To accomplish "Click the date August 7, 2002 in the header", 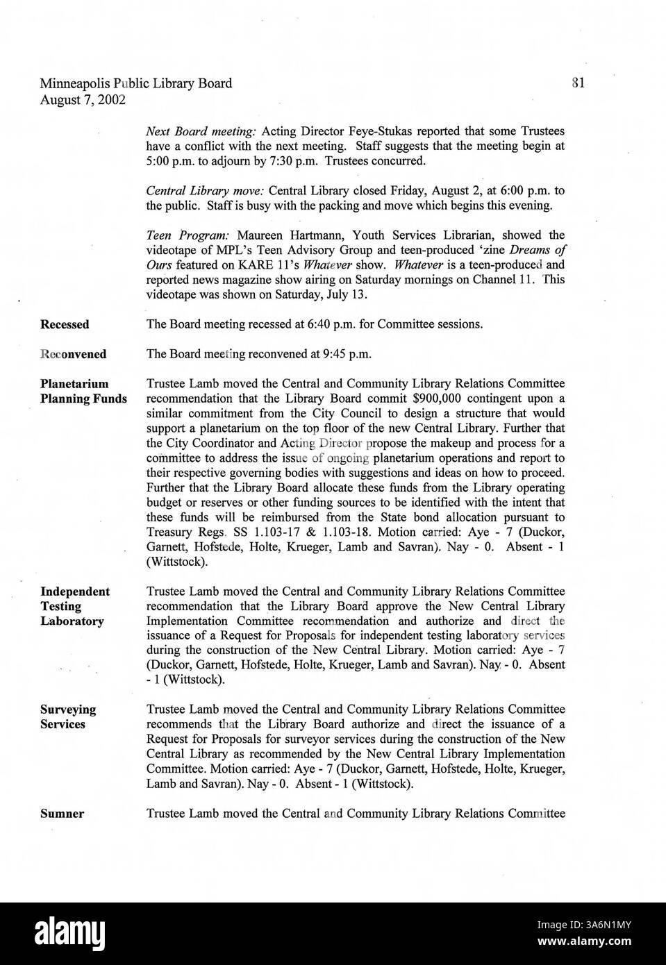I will [x=83, y=99].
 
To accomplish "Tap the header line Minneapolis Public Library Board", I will [x=135, y=83].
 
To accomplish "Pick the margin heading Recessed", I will [x=65, y=324].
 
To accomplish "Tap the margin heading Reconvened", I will [x=74, y=354].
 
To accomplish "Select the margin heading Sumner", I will [x=62, y=814].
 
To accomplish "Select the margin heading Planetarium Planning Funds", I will [x=83, y=391].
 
